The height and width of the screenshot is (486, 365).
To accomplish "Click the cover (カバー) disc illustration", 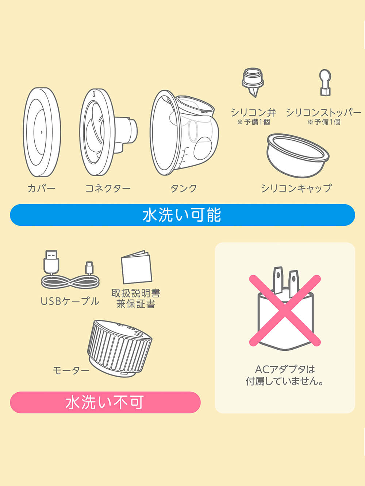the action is click(42, 132).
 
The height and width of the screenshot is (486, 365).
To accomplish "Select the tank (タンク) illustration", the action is click(184, 133).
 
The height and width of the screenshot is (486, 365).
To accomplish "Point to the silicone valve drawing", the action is click(253, 82).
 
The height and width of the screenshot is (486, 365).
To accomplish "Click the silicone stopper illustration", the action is click(325, 83).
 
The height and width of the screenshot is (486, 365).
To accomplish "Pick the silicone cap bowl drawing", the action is click(298, 155).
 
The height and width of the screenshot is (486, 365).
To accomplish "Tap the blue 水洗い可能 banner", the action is click(182, 215).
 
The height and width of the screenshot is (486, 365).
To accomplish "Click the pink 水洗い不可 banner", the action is click(105, 402).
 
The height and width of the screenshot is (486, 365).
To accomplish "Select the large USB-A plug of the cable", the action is click(51, 262).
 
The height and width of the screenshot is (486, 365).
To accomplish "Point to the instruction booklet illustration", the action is click(137, 267).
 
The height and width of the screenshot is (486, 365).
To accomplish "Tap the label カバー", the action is click(42, 188).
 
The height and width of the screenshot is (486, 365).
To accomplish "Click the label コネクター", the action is click(108, 188).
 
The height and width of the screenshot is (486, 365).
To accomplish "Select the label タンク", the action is click(184, 188).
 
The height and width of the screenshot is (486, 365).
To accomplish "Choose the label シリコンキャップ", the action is click(296, 188).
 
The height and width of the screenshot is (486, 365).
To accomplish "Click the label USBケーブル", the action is click(70, 301).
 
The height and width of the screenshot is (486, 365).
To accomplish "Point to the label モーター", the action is click(71, 370).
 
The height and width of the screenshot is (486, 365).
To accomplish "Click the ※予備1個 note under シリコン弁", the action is click(254, 122).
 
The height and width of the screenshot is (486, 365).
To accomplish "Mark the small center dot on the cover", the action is click(42, 132).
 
